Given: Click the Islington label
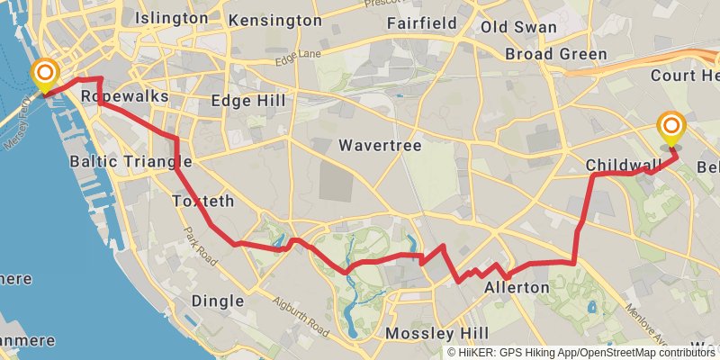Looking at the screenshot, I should tap(171, 18).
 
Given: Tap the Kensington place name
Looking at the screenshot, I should tap(274, 20).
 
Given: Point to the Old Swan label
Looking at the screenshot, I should tap(518, 27).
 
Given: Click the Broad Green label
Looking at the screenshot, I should tap(555, 54).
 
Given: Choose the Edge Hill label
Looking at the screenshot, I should tap(248, 101).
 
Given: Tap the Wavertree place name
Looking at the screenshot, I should tap(381, 145).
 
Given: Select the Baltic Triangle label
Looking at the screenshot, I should tap(130, 162).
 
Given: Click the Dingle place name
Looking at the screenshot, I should tap(218, 301).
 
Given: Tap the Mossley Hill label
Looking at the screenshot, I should tap(436, 334).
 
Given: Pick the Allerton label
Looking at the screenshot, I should tap(517, 288).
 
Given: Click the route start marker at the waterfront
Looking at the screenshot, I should tap(43, 76).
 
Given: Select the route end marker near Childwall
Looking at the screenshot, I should tap(670, 127).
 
